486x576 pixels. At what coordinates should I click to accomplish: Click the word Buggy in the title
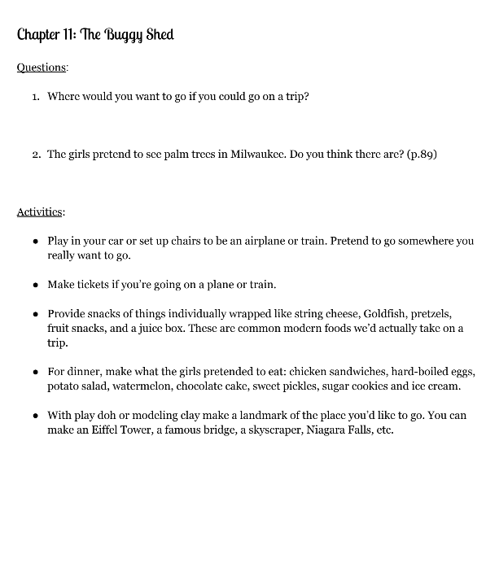coord(122,35)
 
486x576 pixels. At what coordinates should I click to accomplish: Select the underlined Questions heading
coord(42,68)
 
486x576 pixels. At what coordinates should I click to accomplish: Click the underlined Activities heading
coord(41,212)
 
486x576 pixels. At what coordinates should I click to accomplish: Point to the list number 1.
coord(35,97)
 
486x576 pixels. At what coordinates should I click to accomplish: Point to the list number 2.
coord(36,154)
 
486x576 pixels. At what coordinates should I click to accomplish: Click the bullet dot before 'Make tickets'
coord(35,286)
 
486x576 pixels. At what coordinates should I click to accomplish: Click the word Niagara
coord(332,430)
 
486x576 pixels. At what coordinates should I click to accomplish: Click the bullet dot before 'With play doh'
coord(35,416)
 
